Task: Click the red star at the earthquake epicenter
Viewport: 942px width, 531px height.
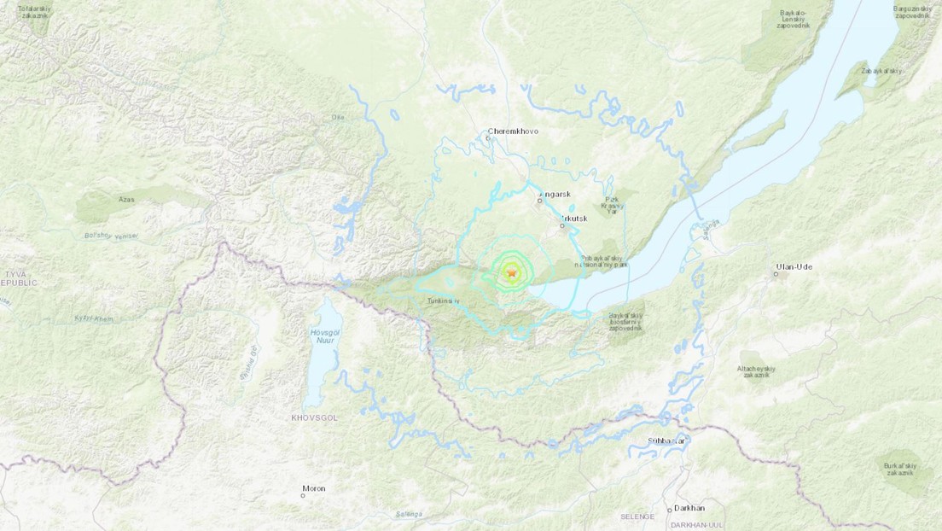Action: point(512,273)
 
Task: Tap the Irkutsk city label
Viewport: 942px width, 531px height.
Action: point(575,219)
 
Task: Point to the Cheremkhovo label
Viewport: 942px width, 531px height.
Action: point(513,131)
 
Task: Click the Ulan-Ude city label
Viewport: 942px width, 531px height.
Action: point(794,266)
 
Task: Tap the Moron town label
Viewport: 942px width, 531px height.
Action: point(313,489)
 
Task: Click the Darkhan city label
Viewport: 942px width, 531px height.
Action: point(689,507)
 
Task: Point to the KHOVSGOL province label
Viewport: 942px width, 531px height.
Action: point(314,417)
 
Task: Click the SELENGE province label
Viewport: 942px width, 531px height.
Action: point(637,517)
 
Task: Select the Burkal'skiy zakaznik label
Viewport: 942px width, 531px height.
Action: point(898,469)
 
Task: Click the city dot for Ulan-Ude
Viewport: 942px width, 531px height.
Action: point(776,274)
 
